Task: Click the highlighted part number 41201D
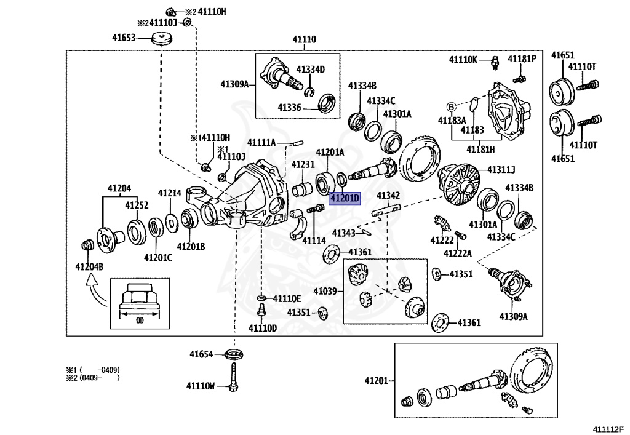click(345, 198)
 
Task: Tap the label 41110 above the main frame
click(304, 39)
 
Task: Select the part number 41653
click(124, 38)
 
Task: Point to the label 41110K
click(463, 60)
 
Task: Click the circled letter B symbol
click(451, 107)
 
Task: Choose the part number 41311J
click(501, 170)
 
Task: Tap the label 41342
click(388, 196)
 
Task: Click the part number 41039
click(325, 291)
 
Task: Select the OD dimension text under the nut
click(140, 321)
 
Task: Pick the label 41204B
click(89, 266)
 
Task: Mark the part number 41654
click(201, 354)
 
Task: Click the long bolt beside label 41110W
click(233, 377)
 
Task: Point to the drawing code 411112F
click(608, 429)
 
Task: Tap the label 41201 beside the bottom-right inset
click(377, 380)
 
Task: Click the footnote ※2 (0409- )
click(93, 378)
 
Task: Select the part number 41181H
click(480, 150)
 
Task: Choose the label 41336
click(289, 108)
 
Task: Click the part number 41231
click(303, 165)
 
